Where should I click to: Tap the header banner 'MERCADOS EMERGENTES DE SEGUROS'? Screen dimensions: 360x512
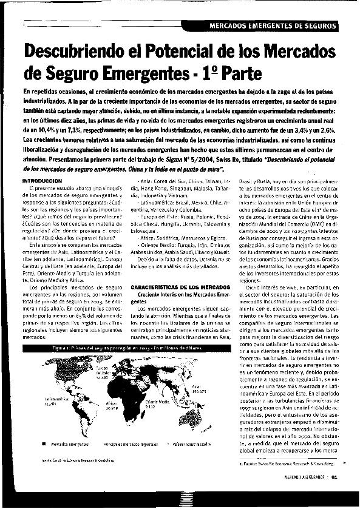(x=273, y=26)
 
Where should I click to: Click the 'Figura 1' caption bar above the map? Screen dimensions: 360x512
(x=121, y=348)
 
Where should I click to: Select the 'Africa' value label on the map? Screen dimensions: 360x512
(x=112, y=406)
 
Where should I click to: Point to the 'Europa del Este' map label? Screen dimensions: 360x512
(x=101, y=372)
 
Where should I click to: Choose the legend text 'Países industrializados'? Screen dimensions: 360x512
(x=192, y=444)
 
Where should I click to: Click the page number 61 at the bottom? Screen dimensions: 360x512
(x=342, y=492)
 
